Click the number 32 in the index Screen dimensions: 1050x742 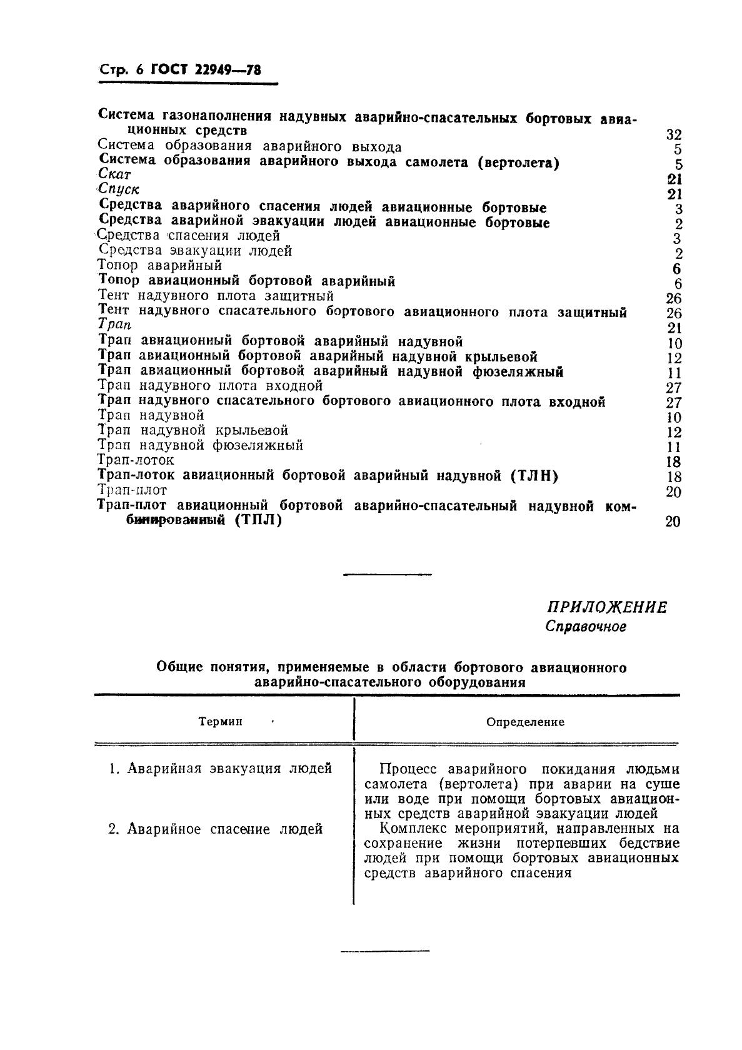click(x=673, y=134)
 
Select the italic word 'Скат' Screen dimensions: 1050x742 click(x=115, y=175)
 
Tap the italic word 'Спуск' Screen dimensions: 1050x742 click(x=119, y=189)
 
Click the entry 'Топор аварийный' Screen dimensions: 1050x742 click(x=161, y=266)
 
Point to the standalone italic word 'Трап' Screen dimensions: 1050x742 click(x=115, y=325)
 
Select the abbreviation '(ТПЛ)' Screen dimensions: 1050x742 click(x=258, y=520)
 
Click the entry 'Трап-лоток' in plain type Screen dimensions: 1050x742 click(x=136, y=460)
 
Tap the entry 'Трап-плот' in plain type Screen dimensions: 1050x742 click(x=133, y=490)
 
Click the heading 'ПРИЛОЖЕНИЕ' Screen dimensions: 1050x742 click(x=606, y=607)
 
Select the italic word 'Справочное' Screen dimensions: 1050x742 click(x=585, y=627)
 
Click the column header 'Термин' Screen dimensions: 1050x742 click(x=220, y=722)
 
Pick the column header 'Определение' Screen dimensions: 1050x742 click(x=525, y=722)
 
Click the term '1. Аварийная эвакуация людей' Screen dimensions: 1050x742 click(x=220, y=769)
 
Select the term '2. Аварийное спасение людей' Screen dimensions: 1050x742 click(x=216, y=829)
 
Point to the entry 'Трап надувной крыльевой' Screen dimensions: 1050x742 click(x=193, y=430)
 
